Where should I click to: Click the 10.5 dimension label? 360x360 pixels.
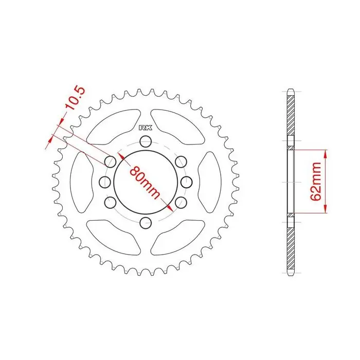pyautogui.click(x=75, y=98)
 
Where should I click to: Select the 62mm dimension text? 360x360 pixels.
pyautogui.click(x=315, y=182)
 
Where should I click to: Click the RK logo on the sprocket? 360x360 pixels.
pyautogui.click(x=146, y=128)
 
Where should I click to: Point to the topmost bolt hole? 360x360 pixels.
pyautogui.click(x=146, y=141)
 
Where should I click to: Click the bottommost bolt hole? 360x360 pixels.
pyautogui.click(x=146, y=223)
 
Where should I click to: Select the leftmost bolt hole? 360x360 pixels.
pyautogui.click(x=105, y=182)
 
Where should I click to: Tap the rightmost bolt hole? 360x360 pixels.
pyautogui.click(x=186, y=182)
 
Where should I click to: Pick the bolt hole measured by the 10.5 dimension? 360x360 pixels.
pyautogui.click(x=110, y=161)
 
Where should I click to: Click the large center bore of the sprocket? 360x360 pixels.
pyautogui.click(x=146, y=182)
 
